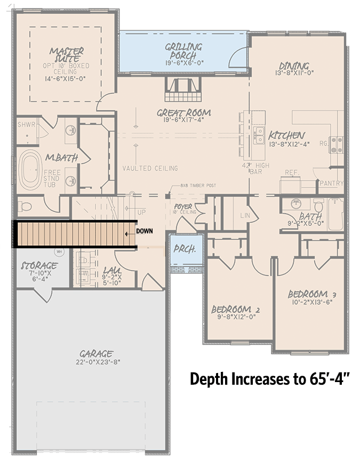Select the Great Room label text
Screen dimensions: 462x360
point(183,113)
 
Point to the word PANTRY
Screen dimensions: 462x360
point(331,183)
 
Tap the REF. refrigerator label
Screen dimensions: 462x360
point(291,172)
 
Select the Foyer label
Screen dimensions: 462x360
point(183,206)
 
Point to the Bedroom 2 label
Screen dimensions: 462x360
point(235,310)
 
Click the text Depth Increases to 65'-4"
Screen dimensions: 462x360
point(269,379)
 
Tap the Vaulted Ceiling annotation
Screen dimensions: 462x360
point(150,168)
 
